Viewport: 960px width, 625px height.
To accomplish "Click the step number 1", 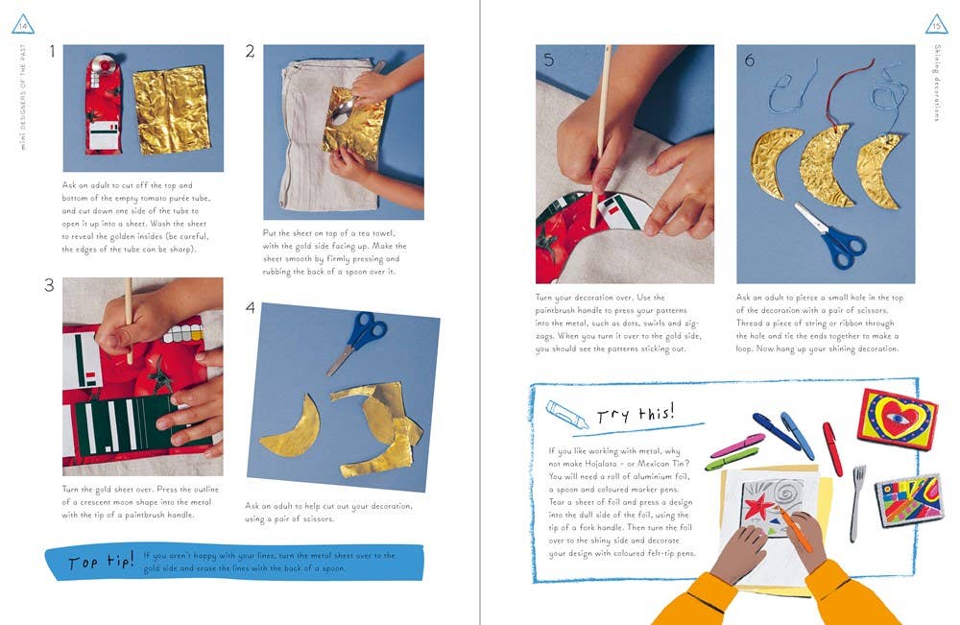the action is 52,51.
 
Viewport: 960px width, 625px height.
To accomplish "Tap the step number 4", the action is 250,306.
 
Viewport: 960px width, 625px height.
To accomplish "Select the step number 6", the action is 750,60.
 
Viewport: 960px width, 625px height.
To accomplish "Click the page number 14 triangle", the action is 23,25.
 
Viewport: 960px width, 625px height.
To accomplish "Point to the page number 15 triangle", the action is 936,25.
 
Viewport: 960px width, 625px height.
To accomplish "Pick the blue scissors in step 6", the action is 831,235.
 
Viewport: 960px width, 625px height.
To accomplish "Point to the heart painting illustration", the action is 897,420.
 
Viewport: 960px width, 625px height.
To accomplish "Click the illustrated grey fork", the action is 856,502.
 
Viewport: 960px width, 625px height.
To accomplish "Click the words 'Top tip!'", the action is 101,562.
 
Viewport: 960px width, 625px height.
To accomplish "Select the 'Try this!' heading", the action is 636,415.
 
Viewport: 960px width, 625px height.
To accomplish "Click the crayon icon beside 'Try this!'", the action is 566,415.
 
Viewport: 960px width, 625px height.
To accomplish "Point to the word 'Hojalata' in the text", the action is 601,464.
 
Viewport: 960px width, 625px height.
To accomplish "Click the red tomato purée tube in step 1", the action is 104,104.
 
